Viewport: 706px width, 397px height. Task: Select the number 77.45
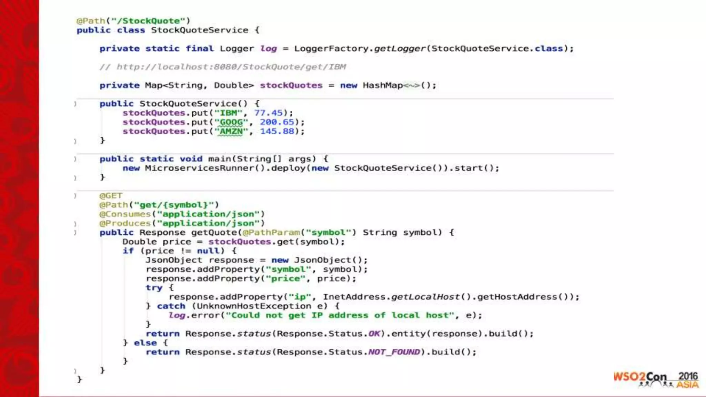click(268, 113)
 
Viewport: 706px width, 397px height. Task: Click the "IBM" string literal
click(229, 113)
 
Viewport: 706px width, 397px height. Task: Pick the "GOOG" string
click(231, 122)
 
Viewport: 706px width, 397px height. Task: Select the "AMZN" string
click(231, 132)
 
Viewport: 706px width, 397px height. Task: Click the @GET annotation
click(111, 196)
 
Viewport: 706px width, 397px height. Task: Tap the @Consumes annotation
click(125, 214)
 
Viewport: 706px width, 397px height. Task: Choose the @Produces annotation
click(125, 224)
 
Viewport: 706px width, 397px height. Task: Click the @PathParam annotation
click(271, 233)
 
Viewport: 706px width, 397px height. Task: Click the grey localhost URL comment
click(223, 67)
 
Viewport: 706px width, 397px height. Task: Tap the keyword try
click(154, 288)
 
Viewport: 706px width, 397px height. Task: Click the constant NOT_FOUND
click(394, 352)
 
